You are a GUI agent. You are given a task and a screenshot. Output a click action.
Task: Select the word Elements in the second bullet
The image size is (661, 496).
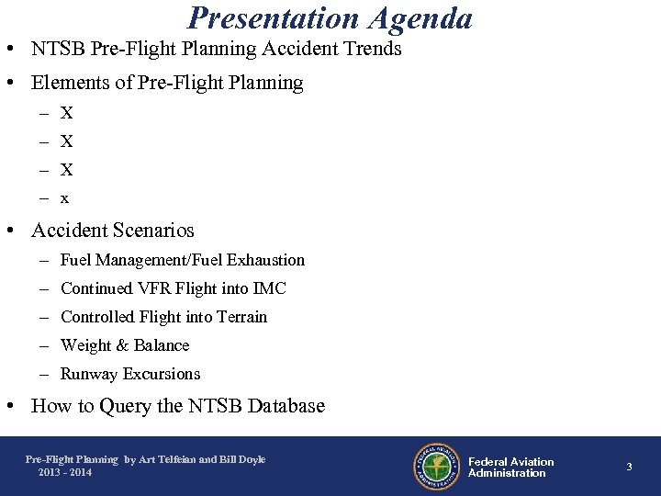[x=70, y=83]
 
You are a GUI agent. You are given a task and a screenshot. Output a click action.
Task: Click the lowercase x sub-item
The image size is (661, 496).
[x=64, y=198]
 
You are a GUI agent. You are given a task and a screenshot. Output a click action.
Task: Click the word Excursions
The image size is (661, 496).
[x=161, y=374]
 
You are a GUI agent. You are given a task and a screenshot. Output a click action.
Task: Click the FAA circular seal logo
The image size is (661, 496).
[x=436, y=467]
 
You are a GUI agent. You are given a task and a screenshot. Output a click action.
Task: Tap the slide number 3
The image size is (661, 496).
[x=629, y=468]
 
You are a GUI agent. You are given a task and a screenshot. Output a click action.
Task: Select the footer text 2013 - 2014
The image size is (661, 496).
[x=65, y=472]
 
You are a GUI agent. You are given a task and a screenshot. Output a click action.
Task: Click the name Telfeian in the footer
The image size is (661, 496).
[x=179, y=459]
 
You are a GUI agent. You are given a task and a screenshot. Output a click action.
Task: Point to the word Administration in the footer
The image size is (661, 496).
[x=507, y=473]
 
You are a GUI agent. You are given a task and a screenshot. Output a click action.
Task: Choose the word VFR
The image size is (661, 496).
[x=154, y=288]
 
